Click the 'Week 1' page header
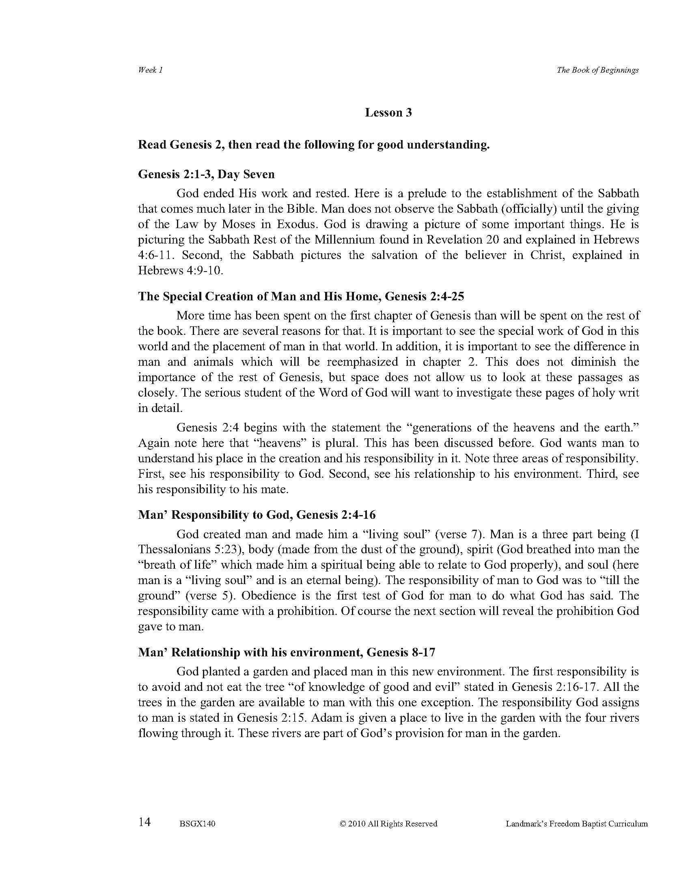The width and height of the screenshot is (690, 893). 151,70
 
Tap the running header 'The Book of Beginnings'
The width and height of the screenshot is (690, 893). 597,70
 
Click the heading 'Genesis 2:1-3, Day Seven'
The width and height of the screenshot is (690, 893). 207,174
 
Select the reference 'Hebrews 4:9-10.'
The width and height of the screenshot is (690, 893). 181,271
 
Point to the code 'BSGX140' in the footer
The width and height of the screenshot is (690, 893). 197,824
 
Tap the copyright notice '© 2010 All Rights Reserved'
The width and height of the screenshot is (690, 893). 388,824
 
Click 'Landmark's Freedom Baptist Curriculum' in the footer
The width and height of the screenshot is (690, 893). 576,824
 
